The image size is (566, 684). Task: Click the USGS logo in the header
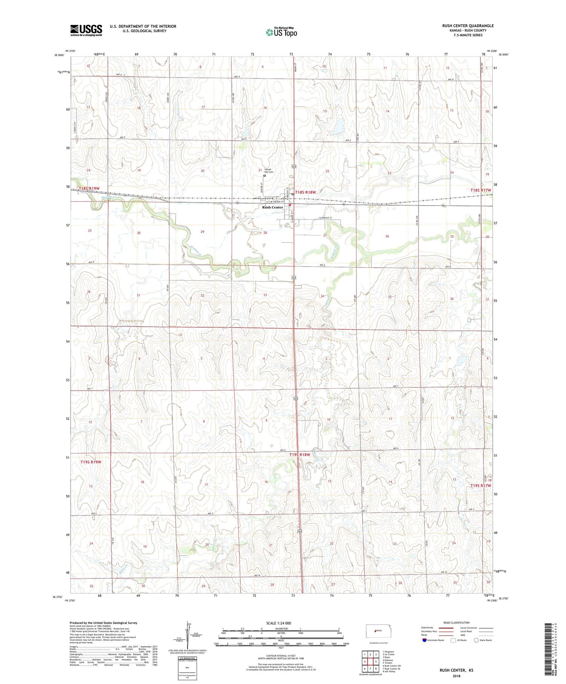pyautogui.click(x=86, y=30)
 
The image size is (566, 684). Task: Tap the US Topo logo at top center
pyautogui.click(x=281, y=32)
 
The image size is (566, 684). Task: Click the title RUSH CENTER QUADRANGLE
pyautogui.click(x=468, y=26)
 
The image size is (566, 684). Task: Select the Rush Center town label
pyautogui.click(x=272, y=207)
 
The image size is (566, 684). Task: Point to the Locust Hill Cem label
pyautogui.click(x=268, y=171)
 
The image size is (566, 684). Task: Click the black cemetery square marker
pyautogui.click(x=265, y=175)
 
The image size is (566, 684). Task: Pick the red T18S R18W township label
pyautogui.click(x=305, y=192)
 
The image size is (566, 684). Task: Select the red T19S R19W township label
pyautogui.click(x=91, y=462)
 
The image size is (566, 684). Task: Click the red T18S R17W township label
pyautogui.click(x=481, y=190)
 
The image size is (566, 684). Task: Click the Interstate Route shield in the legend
pyautogui.click(x=424, y=640)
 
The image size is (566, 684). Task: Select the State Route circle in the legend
pyautogui.click(x=476, y=640)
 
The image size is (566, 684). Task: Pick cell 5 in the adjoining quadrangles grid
pyautogui.click(x=376, y=661)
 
